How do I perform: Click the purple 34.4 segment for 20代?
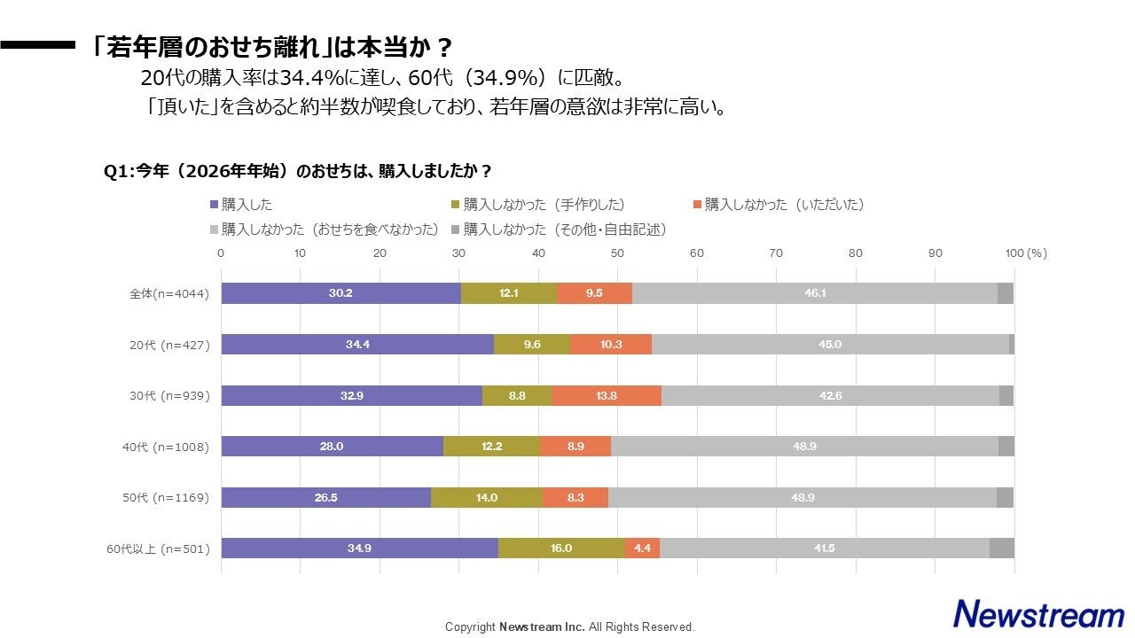pyautogui.click(x=357, y=345)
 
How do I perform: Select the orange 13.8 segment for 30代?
pyautogui.click(x=606, y=395)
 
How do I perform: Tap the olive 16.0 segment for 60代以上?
pyautogui.click(x=561, y=549)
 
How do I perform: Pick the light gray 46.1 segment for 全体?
pyautogui.click(x=815, y=293)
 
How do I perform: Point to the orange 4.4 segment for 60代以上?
pyautogui.click(x=642, y=549)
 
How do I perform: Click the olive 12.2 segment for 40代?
pyautogui.click(x=491, y=447)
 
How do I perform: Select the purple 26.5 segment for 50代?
pyautogui.click(x=325, y=497)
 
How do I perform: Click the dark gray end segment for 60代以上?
pyautogui.click(x=1001, y=549)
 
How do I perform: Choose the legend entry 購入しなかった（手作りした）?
pyautogui.click(x=542, y=205)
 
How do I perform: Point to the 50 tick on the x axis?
pyautogui.click(x=617, y=253)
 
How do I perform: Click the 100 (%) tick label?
pyautogui.click(x=1026, y=253)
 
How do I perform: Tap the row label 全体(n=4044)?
pyautogui.click(x=168, y=294)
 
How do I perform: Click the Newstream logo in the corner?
pyautogui.click(x=1038, y=613)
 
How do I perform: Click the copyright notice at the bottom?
pyautogui.click(x=570, y=626)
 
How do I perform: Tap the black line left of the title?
pyautogui.click(x=37, y=45)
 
